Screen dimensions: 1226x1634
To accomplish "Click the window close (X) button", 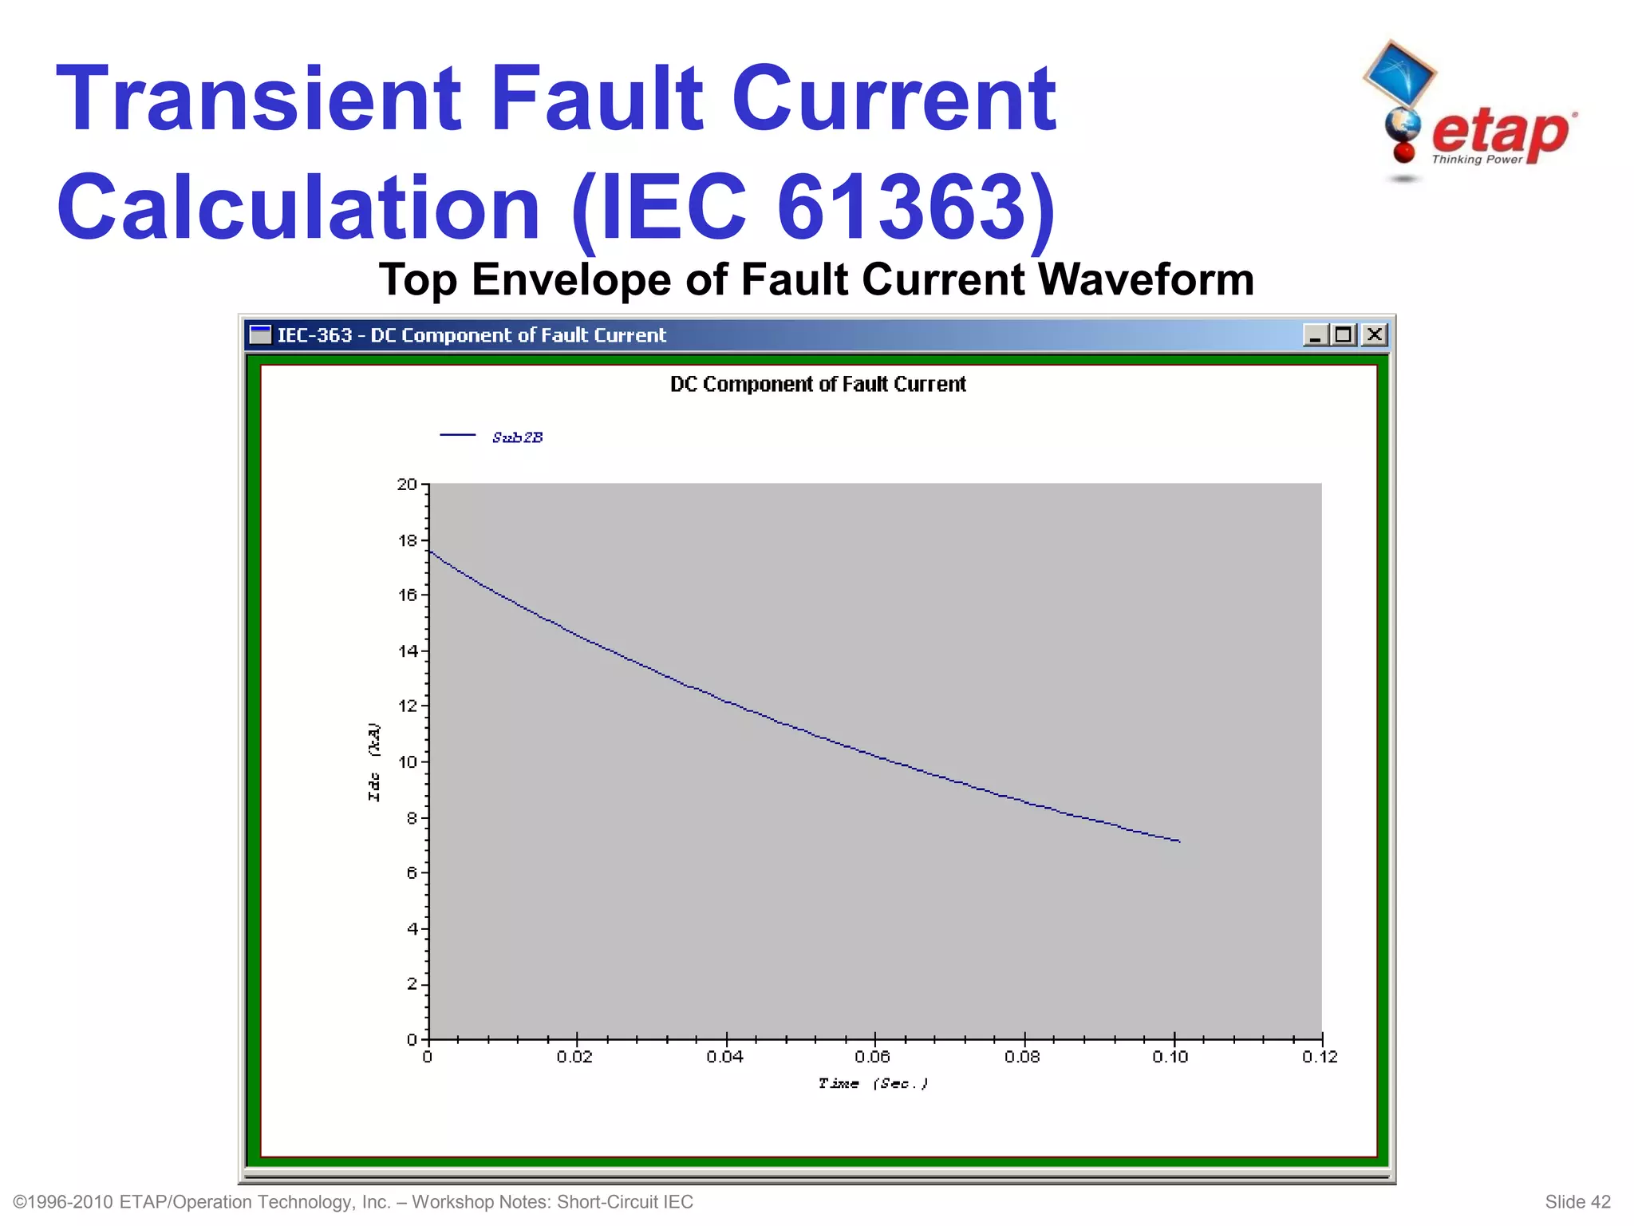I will pyautogui.click(x=1374, y=334).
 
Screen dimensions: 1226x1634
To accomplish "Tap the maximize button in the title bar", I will pyautogui.click(x=1344, y=334).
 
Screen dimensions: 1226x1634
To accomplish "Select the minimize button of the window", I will pyautogui.click(x=1315, y=334).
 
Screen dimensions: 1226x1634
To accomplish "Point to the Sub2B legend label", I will pyautogui.click(x=517, y=437).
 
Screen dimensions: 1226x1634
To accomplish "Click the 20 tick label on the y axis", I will pyautogui.click(x=407, y=484).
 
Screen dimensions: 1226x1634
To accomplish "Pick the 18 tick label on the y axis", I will pyautogui.click(x=407, y=540).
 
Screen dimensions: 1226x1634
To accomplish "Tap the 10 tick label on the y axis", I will pyautogui.click(x=407, y=761).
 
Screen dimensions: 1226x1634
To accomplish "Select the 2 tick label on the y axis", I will pyautogui.click(x=412, y=983).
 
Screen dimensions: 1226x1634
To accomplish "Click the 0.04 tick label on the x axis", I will pyautogui.click(x=724, y=1057).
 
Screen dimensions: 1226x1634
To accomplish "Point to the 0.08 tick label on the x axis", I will pyautogui.click(x=1022, y=1057).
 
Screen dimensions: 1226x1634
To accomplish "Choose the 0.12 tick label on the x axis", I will pyautogui.click(x=1320, y=1057).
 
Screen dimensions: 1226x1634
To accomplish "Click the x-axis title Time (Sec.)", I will pyautogui.click(x=873, y=1083).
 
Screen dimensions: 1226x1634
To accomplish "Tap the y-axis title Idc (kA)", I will pyautogui.click(x=373, y=762).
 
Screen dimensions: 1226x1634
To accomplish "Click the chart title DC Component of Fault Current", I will pyautogui.click(x=818, y=385).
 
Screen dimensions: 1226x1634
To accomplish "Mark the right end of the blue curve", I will pyautogui.click(x=1178, y=840).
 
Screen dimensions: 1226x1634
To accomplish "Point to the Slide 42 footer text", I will pyautogui.click(x=1577, y=1202).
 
